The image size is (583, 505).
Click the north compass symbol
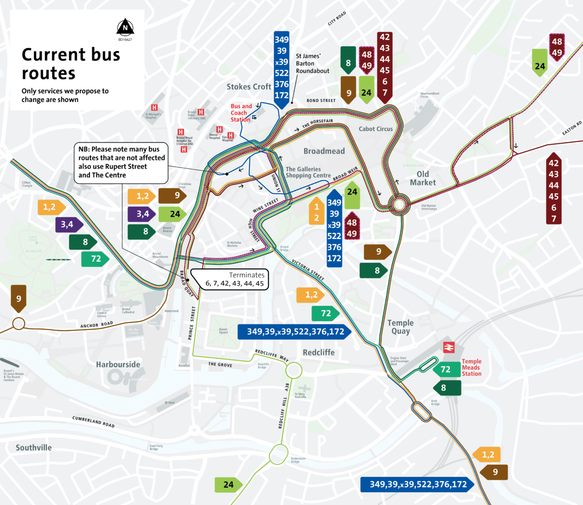point(125,27)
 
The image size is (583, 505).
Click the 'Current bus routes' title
point(70,64)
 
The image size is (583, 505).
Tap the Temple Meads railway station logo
point(448,348)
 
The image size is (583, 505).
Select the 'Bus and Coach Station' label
point(241,113)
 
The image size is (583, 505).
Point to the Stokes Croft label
point(249,87)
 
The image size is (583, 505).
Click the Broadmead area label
point(324,151)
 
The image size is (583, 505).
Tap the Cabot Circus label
point(376,129)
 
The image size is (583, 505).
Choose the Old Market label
point(423,178)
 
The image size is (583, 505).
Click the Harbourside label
point(118,365)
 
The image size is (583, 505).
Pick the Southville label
point(34,448)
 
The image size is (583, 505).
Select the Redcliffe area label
point(319,353)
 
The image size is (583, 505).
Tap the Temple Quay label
point(400,327)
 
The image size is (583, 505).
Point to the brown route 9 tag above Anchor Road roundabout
point(19,298)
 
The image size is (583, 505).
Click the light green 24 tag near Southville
point(228,484)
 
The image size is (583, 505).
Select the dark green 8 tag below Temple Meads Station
point(444,387)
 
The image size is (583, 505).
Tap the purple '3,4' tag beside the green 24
point(142,214)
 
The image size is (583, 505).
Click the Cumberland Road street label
point(94,421)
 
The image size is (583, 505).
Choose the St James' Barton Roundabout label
point(312,64)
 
